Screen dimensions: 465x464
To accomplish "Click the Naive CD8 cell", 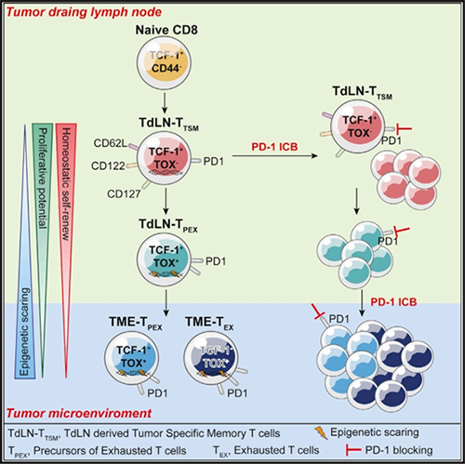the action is (x=164, y=63).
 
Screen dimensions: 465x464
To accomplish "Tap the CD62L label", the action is (x=111, y=143).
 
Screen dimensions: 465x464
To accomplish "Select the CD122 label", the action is (x=108, y=166).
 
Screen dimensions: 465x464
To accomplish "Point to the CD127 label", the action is (x=124, y=194).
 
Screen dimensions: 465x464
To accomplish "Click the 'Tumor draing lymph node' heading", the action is (x=84, y=12).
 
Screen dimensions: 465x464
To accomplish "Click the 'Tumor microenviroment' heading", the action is (x=79, y=413).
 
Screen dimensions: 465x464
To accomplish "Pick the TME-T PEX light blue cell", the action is (x=132, y=358).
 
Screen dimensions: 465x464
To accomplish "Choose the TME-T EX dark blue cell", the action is (x=211, y=358).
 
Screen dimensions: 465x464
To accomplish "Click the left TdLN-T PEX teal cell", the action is (x=164, y=259).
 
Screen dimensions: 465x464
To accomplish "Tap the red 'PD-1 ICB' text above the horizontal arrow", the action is (x=274, y=147).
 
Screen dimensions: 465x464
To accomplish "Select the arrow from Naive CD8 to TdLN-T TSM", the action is (x=165, y=103).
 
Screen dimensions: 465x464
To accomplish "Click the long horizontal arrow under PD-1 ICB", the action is (x=274, y=156).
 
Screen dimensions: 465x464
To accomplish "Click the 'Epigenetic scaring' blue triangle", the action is (x=25, y=251).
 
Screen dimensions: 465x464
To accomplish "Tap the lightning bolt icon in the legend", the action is (x=321, y=433).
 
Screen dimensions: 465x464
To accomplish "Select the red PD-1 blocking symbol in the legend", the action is (x=353, y=450).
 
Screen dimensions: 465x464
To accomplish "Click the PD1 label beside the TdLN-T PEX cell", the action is (x=216, y=261).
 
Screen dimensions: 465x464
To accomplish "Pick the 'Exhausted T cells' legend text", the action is (x=276, y=450).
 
